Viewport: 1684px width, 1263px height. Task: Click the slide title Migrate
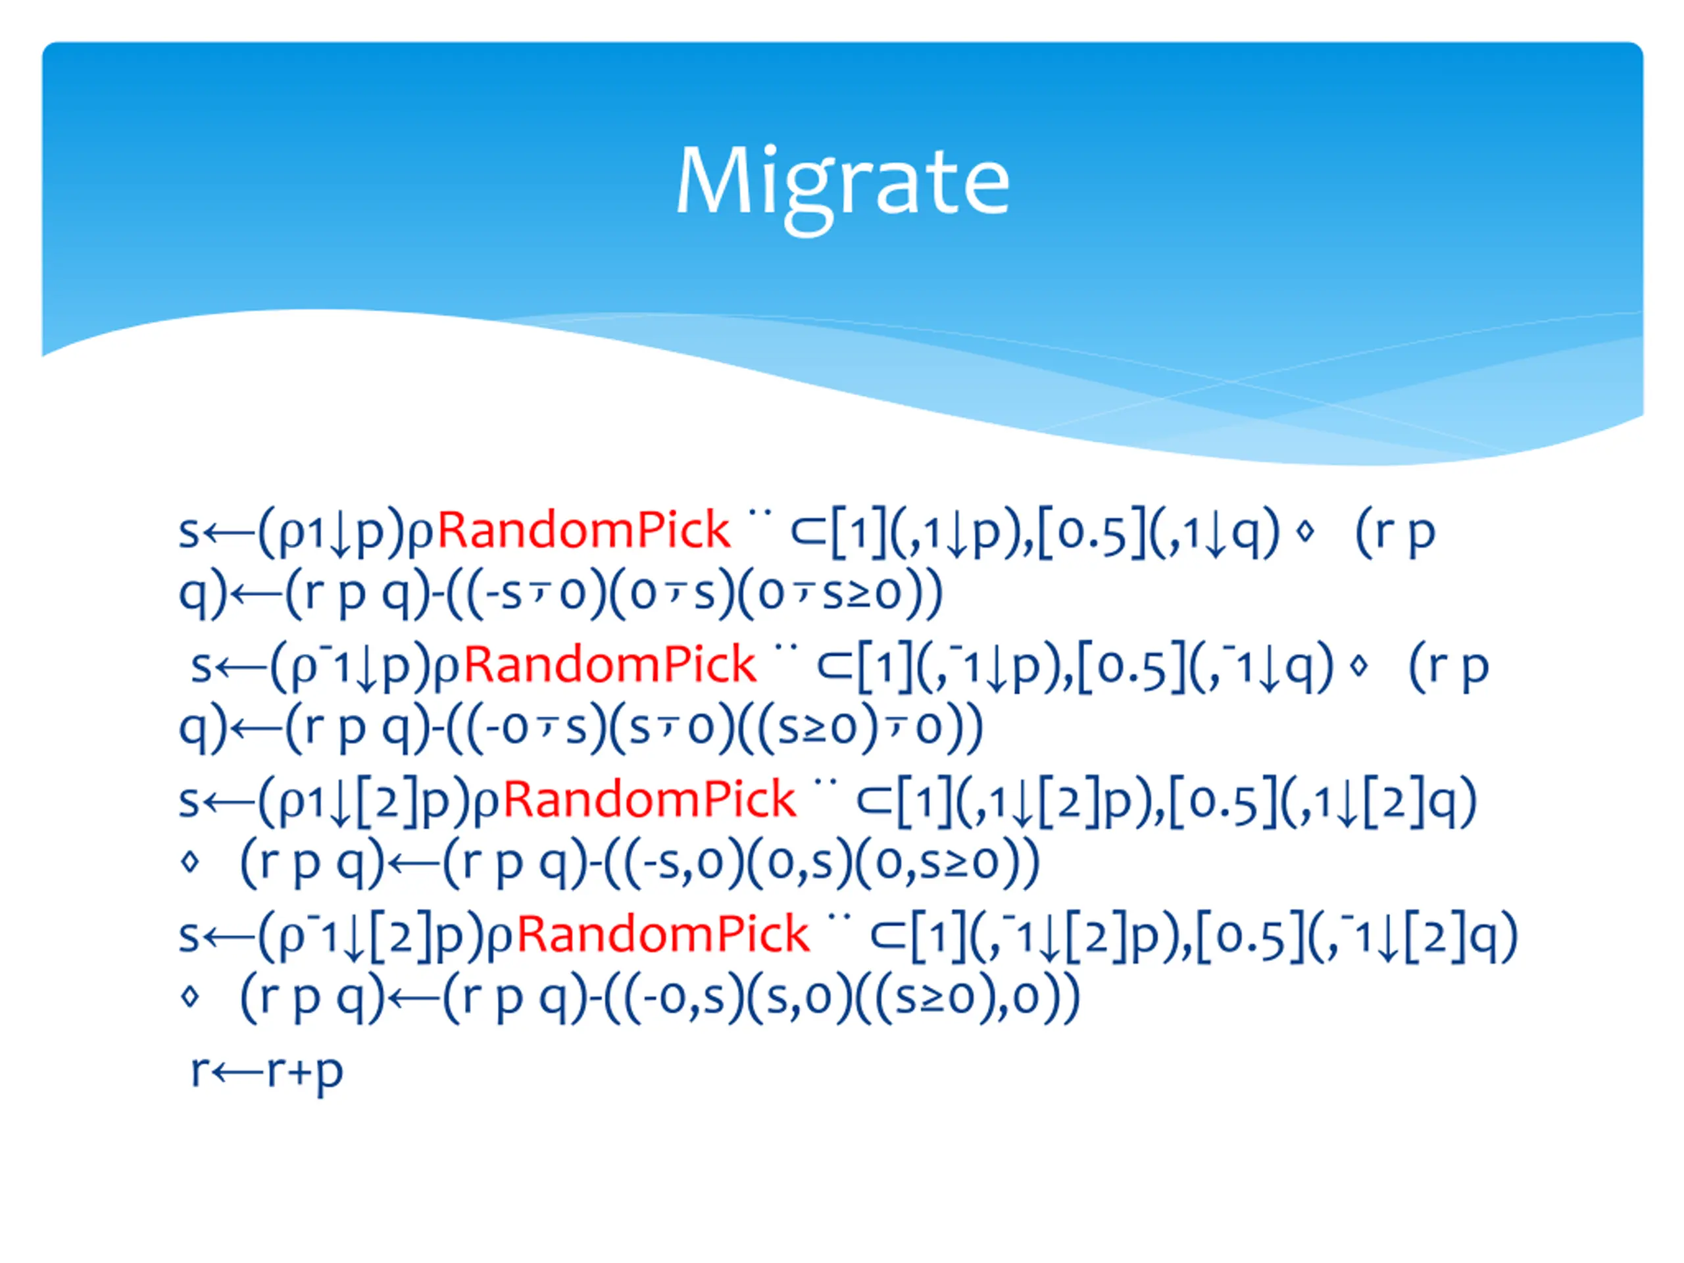(842, 181)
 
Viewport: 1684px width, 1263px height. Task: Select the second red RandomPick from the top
(610, 664)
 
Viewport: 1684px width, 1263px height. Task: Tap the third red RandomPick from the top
(649, 799)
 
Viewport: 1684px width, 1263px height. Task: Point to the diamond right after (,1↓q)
(1305, 532)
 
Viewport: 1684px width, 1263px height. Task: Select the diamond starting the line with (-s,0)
(190, 862)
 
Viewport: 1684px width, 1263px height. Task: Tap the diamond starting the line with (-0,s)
(190, 997)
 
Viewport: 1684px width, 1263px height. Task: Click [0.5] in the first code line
(1091, 532)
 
